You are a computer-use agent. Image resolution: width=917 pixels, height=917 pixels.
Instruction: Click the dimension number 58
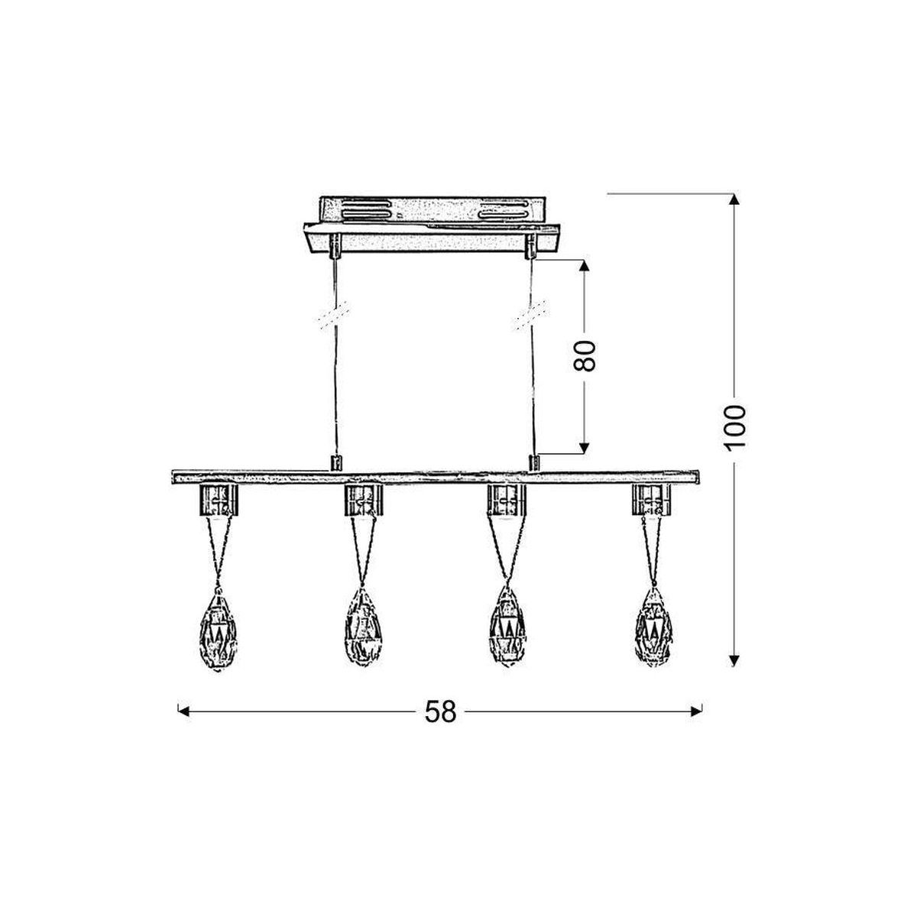pyautogui.click(x=440, y=724)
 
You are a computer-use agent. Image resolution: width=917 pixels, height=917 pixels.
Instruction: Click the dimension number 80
pyautogui.click(x=585, y=355)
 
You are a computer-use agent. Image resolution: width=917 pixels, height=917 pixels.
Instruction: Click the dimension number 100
pyautogui.click(x=734, y=428)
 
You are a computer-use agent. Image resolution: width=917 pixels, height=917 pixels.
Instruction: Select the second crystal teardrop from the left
pyautogui.click(x=363, y=627)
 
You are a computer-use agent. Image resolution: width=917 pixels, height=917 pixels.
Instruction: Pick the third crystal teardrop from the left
pyautogui.click(x=507, y=626)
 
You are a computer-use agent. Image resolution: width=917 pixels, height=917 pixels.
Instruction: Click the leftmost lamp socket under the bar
pyautogui.click(x=218, y=501)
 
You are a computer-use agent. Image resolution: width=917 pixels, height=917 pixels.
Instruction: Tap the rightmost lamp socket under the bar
pyautogui.click(x=651, y=500)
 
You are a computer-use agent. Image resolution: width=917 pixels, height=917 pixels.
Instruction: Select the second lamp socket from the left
pyautogui.click(x=363, y=501)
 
